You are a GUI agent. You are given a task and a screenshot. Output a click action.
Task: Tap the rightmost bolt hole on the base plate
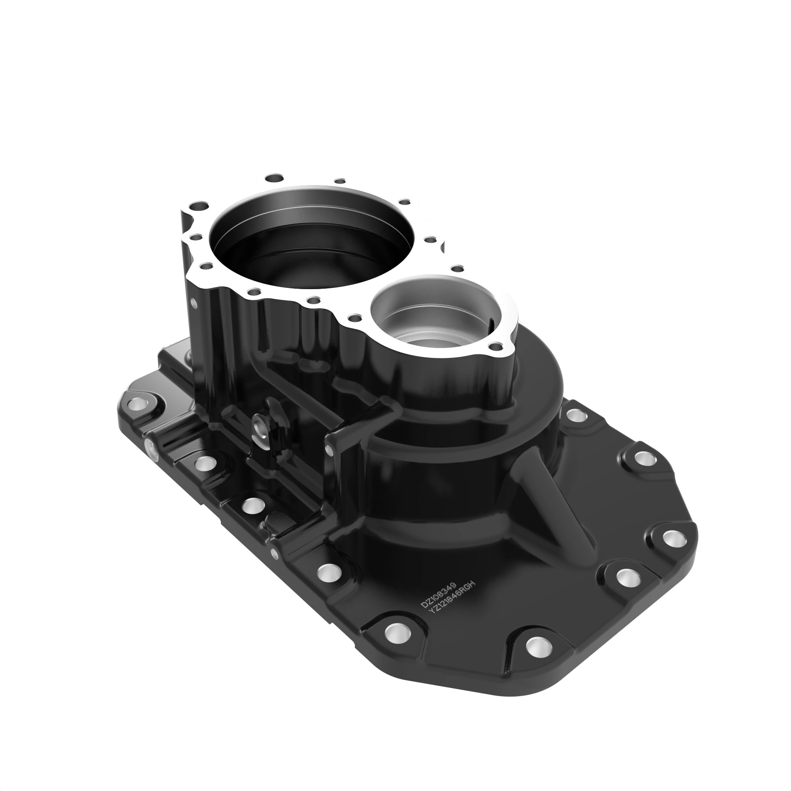point(672,538)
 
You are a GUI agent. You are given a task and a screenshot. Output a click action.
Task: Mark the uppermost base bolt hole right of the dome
point(577,416)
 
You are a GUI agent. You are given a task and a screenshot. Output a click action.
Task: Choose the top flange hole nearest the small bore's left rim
point(354,317)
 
